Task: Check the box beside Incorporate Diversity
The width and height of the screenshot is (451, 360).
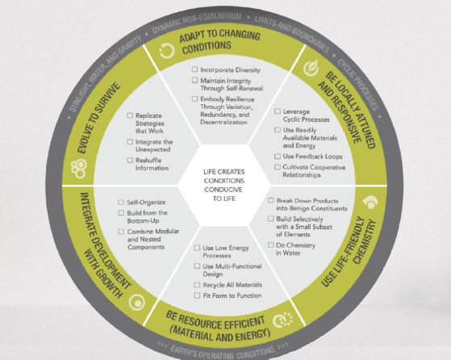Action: pos(194,69)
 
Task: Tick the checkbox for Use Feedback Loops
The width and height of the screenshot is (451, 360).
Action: pos(278,156)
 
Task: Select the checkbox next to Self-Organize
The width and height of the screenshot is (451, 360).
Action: pos(121,203)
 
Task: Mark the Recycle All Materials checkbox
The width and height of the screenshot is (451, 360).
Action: pos(197,285)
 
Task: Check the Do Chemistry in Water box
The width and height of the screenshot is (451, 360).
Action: pos(270,245)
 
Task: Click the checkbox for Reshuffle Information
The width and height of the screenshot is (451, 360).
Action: pos(130,160)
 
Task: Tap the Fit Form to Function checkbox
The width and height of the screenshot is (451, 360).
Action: pos(197,295)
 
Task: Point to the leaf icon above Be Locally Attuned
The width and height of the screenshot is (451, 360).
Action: pos(311,68)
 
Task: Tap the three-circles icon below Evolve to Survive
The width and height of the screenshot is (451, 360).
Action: pos(79,169)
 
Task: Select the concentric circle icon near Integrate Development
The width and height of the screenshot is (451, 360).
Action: pos(137,302)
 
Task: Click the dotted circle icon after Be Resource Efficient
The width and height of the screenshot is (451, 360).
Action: pos(282,320)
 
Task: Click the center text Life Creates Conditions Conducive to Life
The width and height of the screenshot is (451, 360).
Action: pos(224,185)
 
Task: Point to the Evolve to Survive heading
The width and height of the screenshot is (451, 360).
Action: pos(98,118)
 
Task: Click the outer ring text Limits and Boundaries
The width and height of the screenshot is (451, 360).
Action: pos(292,32)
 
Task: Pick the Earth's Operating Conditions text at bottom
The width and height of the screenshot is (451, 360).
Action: pos(223,352)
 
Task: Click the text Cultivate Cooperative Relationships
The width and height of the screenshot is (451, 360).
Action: pos(314,171)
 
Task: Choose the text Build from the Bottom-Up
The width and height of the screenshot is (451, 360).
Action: pos(148,216)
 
